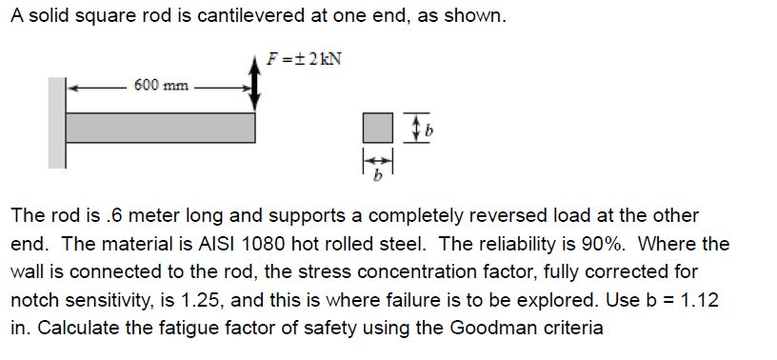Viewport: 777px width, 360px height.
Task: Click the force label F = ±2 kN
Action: click(x=304, y=58)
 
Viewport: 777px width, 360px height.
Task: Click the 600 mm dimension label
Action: click(x=159, y=85)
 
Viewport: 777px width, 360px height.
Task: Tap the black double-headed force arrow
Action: click(x=255, y=85)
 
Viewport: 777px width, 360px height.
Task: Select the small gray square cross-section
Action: click(x=377, y=128)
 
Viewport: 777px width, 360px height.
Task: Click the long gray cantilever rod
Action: click(x=160, y=128)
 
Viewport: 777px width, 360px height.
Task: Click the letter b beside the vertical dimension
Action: click(x=428, y=130)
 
